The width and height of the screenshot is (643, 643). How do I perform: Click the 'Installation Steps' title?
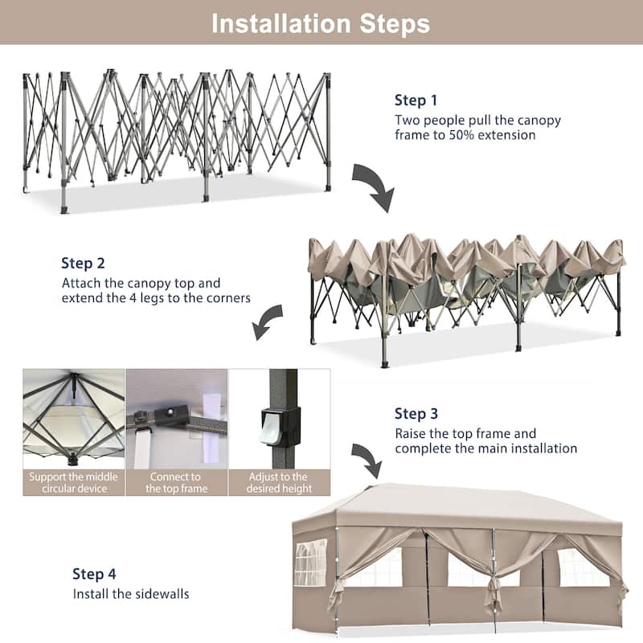[x=321, y=23]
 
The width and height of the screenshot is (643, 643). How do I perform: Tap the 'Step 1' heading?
[x=416, y=100]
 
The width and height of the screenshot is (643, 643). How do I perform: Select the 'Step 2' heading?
[x=83, y=263]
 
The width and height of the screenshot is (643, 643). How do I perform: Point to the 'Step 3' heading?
[x=416, y=414]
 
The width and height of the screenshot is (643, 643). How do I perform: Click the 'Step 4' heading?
[x=94, y=574]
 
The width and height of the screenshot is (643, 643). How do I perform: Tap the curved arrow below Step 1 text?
[x=374, y=186]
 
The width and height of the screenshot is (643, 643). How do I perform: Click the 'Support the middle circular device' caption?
[x=73, y=482]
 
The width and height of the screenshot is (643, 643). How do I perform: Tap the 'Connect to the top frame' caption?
[x=176, y=482]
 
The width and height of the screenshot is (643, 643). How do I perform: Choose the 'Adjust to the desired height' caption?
[x=279, y=482]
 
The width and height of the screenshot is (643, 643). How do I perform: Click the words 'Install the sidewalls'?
[x=131, y=595]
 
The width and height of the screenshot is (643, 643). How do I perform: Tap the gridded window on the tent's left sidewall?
[x=310, y=562]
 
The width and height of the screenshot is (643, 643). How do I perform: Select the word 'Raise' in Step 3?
[x=412, y=434]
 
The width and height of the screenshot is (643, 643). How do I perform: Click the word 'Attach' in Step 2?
[x=80, y=284]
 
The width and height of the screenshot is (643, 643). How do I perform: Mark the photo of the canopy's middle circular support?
[x=73, y=418]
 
